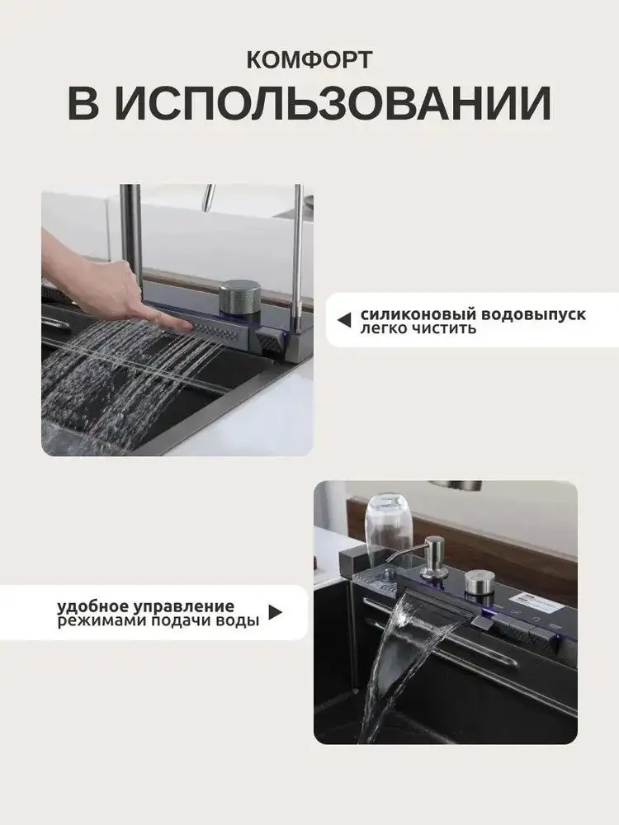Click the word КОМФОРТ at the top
[309, 60]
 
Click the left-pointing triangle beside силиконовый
[344, 318]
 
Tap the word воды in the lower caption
[239, 620]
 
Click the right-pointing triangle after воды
[275, 613]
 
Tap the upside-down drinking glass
[384, 520]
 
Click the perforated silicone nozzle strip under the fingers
[215, 332]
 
